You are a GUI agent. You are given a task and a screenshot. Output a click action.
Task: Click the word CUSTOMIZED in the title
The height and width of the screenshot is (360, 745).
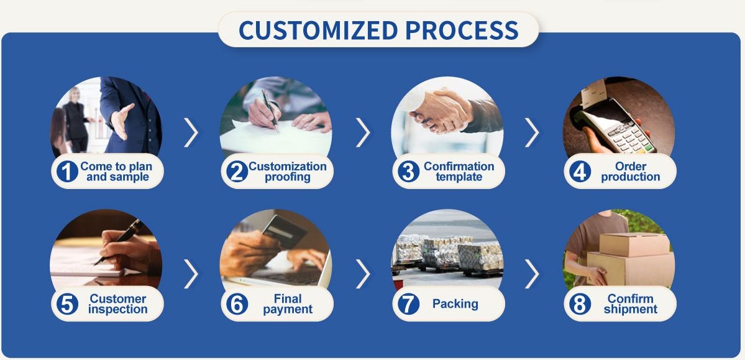pos(318,30)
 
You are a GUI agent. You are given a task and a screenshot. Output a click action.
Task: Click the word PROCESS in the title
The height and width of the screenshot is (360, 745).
pos(462,30)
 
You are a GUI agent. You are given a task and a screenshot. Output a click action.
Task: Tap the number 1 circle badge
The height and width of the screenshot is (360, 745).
pos(67,171)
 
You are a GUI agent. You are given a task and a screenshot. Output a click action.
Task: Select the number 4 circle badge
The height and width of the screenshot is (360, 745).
pos(580,171)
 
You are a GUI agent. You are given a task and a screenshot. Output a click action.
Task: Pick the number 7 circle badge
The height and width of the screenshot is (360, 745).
pos(409,304)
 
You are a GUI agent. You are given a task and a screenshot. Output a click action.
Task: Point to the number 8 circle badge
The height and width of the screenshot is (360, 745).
pos(580,304)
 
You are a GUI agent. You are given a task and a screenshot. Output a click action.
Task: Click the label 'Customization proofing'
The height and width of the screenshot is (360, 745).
pos(288,172)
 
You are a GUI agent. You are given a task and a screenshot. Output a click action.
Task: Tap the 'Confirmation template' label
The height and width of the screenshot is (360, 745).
pos(459,172)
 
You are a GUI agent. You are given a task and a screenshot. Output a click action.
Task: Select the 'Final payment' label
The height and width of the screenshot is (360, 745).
pos(288,304)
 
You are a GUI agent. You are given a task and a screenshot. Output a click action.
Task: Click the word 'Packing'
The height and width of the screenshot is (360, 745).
pos(455,304)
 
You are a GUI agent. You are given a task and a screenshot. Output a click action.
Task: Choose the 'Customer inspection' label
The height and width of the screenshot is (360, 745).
pos(118,304)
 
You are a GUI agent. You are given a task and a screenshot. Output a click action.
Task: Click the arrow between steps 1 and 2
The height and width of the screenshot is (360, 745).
pos(191,132)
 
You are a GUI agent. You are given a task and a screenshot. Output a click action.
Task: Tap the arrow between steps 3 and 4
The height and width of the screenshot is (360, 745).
pos(532,132)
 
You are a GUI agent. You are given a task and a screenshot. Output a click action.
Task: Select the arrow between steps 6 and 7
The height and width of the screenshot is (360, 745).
pos(363,274)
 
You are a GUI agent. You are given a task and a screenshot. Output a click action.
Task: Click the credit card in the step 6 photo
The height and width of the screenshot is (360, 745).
pos(284,231)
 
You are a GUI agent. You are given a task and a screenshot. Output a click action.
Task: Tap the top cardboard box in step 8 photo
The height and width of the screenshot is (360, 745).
pos(634,244)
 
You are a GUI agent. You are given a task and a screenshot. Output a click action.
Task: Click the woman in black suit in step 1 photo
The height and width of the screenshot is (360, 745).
pos(76,119)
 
